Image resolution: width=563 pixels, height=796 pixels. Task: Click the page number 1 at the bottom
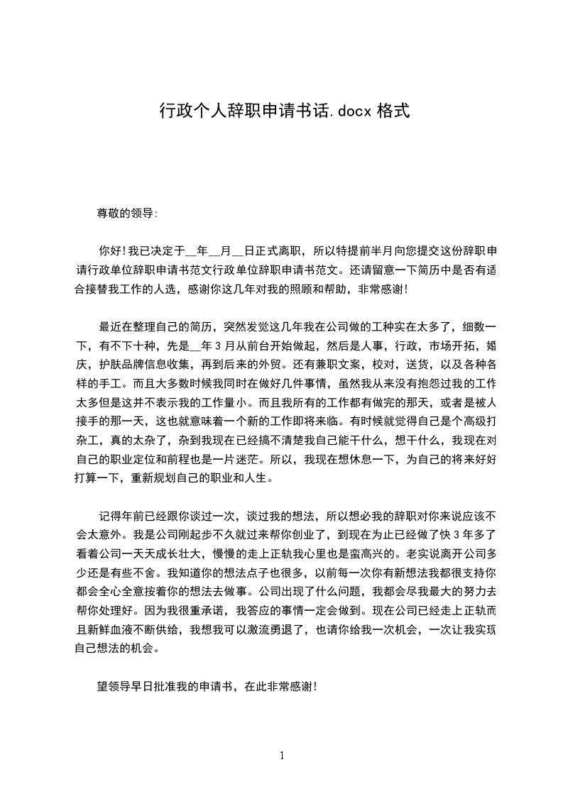point(282,756)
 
